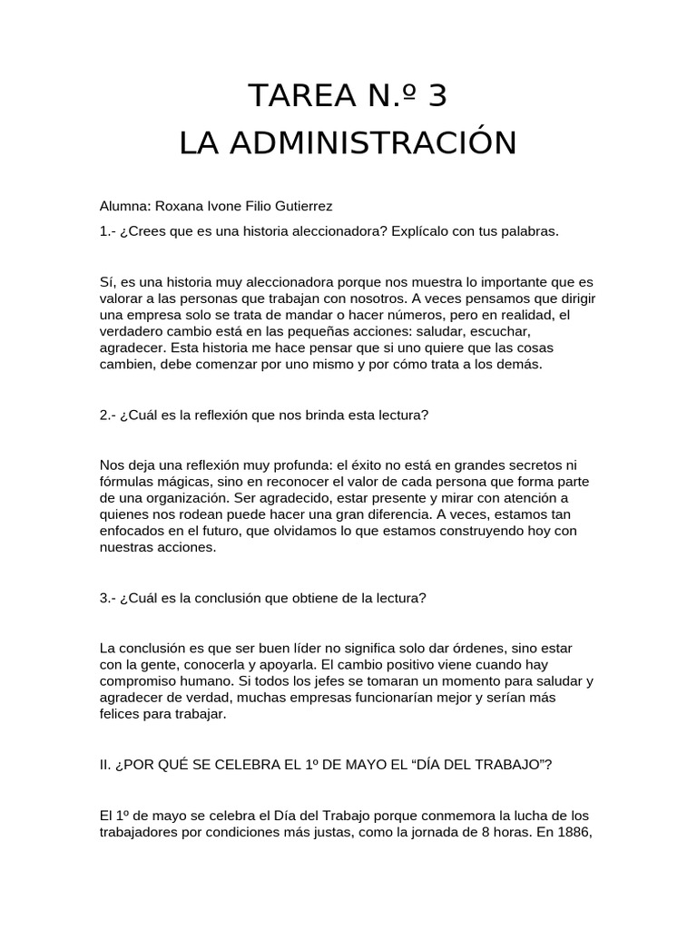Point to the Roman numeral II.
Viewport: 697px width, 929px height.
tap(105, 764)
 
